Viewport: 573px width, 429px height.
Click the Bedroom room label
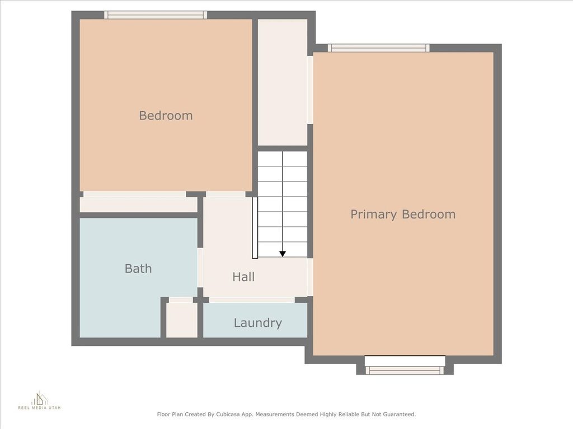tap(166, 116)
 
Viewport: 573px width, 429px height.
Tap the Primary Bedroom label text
tap(403, 214)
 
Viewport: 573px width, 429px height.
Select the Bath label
tap(138, 269)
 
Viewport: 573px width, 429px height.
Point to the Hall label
tap(243, 277)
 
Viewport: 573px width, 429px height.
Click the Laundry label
tap(257, 323)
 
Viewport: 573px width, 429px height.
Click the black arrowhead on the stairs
tap(283, 254)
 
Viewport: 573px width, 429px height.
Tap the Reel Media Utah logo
tap(40, 401)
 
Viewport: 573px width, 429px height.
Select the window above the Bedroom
tap(156, 15)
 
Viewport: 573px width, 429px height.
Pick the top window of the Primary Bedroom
tap(379, 48)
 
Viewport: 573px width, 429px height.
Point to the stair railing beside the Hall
tap(255, 228)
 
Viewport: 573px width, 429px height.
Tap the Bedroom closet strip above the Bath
tap(139, 204)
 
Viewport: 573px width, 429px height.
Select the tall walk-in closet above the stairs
tap(283, 83)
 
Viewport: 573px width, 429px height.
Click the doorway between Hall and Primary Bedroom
tap(310, 277)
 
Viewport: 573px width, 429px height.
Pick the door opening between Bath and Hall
tap(200, 268)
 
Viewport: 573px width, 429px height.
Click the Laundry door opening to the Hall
tap(252, 300)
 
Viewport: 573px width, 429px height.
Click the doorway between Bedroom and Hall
tap(226, 194)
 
